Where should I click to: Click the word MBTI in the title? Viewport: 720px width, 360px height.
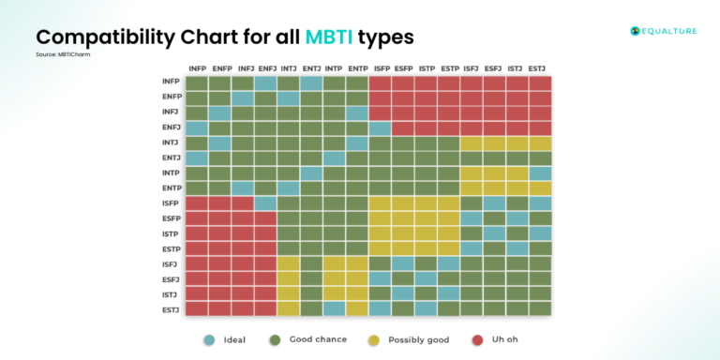point(329,37)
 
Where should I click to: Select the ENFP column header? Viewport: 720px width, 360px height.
point(219,68)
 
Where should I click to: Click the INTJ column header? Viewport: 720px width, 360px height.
point(288,68)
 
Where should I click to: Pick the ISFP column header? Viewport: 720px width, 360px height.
point(380,68)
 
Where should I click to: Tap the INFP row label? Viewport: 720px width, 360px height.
point(171,82)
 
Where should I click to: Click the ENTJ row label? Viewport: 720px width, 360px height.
point(171,158)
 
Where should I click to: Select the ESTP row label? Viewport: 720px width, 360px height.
point(171,248)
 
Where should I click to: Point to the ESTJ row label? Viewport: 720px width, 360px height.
point(171,308)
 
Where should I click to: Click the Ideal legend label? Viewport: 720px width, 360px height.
point(234,339)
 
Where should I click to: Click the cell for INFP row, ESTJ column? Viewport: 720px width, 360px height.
point(540,83)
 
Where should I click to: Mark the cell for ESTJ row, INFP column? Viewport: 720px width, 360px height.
point(196,308)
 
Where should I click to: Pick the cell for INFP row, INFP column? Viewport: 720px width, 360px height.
point(196,83)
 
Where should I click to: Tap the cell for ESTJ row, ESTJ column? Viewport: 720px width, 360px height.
point(540,308)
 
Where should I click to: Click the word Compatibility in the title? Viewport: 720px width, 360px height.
point(103,37)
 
